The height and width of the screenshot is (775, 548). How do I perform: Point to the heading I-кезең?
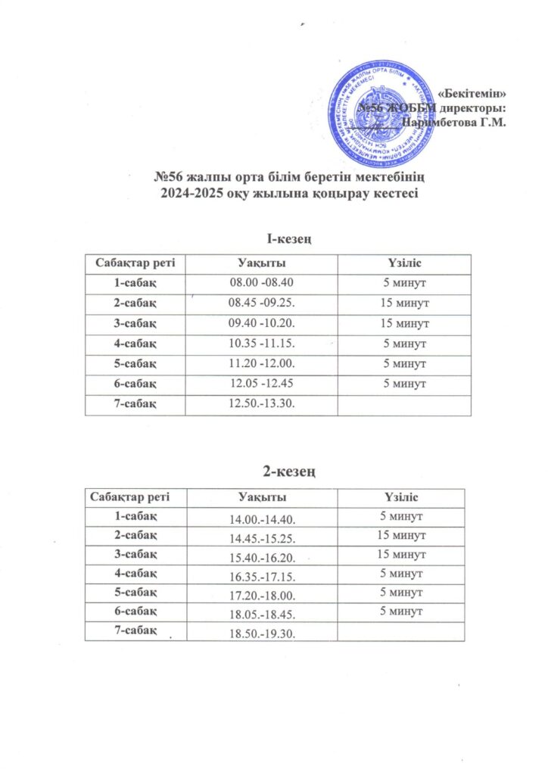278,240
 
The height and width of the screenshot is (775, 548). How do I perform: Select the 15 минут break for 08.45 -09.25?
404,303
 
